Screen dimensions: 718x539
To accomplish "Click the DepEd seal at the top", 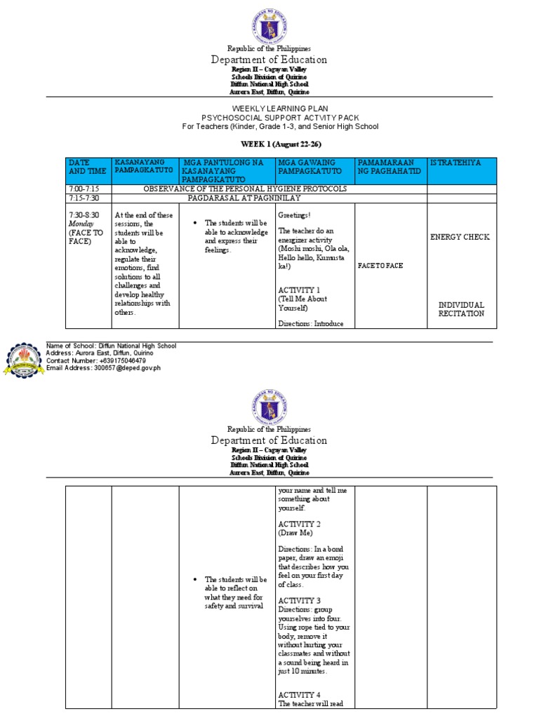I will click(269, 29).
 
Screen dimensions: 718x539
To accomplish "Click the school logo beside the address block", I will click(22, 359).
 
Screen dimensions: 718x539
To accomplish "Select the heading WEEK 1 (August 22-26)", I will click(269, 144).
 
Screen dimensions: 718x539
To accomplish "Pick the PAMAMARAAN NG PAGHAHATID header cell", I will click(390, 167).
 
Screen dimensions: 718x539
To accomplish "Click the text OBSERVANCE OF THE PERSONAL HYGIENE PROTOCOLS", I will click(245, 189).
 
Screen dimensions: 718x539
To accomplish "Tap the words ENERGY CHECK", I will click(460, 237).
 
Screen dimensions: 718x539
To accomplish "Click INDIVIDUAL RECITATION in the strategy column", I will click(461, 309).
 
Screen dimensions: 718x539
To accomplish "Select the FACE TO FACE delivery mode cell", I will click(380, 266).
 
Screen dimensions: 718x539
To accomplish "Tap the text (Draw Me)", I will click(295, 533).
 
